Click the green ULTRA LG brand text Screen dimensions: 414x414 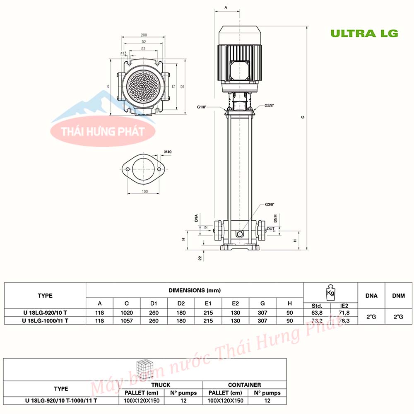tap(364, 33)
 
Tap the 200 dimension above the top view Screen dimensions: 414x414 tap(144, 35)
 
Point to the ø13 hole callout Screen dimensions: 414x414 tap(123, 53)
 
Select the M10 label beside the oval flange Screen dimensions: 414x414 tap(168, 152)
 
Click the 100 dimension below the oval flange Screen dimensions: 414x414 tap(144, 191)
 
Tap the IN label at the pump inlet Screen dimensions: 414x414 tap(205, 228)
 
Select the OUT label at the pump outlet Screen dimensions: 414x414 tap(270, 229)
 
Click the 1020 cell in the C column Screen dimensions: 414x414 tap(127, 313)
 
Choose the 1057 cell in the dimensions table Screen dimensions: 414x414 tap(127, 320)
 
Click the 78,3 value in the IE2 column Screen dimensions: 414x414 tap(344, 320)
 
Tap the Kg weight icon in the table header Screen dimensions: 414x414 tap(330, 292)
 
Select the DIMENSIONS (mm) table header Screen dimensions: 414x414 tap(194, 291)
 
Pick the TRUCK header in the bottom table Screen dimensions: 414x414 tap(161, 385)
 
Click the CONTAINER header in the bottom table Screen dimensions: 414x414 tap(244, 385)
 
